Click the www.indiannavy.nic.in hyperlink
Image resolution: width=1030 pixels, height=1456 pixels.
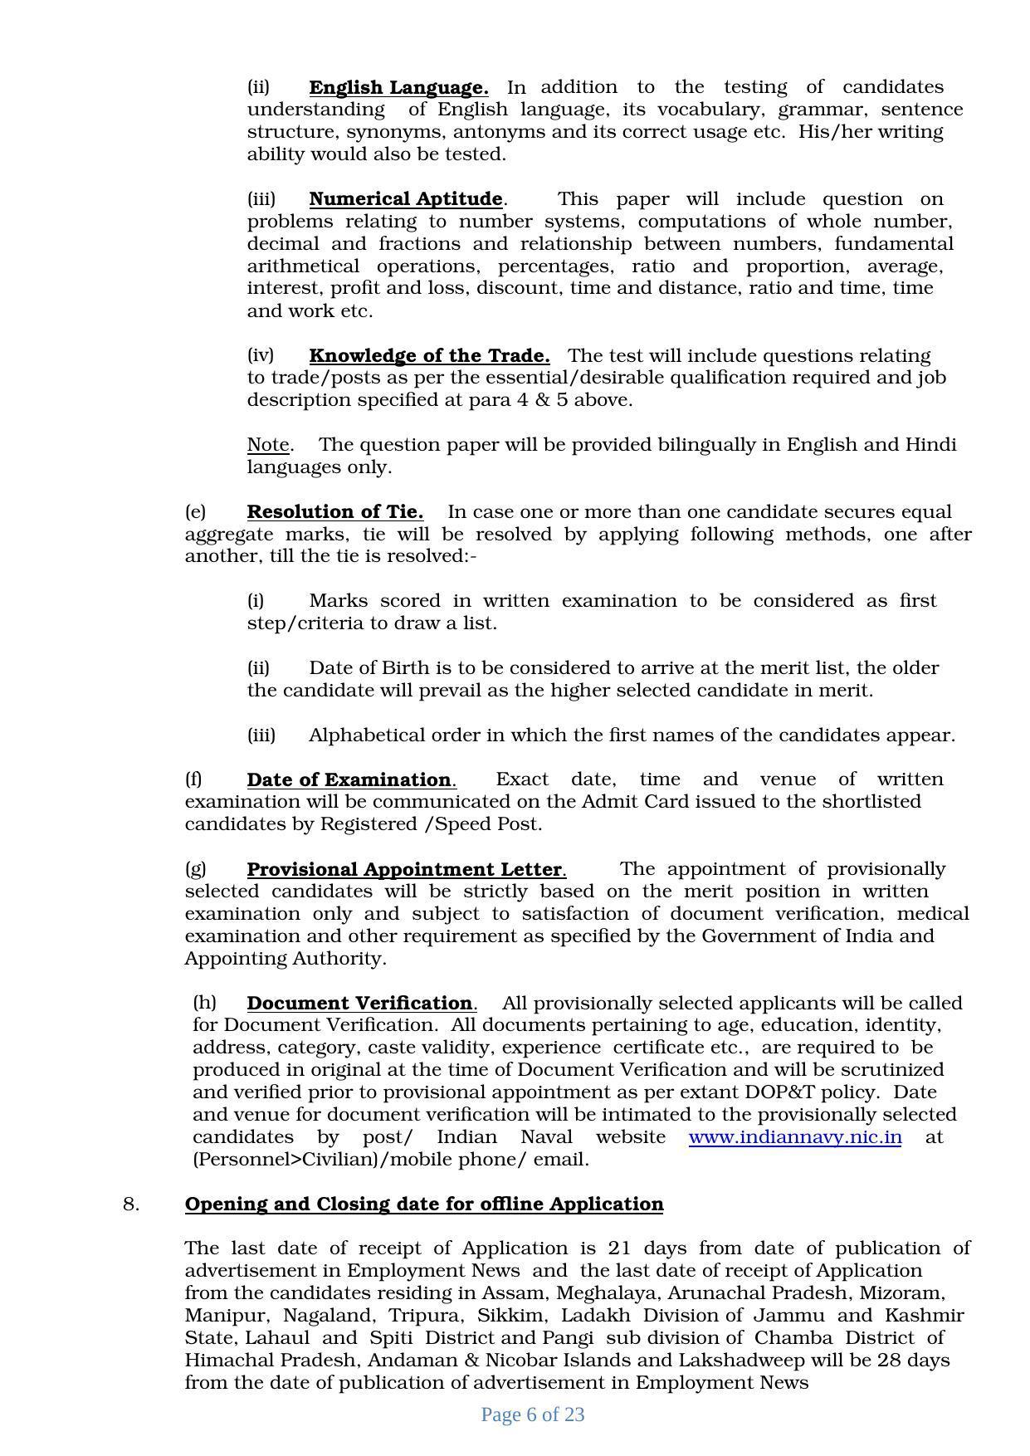[794, 1136]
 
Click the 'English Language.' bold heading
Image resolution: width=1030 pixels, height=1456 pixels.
[398, 87]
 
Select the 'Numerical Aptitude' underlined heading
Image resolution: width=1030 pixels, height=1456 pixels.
[405, 199]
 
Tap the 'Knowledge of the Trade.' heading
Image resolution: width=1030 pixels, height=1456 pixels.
[429, 356]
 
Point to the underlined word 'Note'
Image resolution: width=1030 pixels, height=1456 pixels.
[268, 445]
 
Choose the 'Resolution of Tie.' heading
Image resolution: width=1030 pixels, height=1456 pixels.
[334, 511]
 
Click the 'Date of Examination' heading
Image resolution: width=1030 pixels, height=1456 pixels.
[349, 780]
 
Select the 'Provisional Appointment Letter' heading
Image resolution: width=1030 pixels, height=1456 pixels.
[405, 869]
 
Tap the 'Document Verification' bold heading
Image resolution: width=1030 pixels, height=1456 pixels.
[359, 1003]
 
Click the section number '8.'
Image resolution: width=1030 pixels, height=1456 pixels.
[131, 1204]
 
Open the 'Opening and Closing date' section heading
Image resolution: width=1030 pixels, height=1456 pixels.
[423, 1204]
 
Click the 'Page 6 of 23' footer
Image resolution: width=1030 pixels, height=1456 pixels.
[532, 1414]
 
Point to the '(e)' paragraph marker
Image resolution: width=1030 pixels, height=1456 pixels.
[195, 511]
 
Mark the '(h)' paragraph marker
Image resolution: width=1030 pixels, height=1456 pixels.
[204, 1002]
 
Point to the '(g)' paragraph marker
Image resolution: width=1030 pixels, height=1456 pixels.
[195, 868]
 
